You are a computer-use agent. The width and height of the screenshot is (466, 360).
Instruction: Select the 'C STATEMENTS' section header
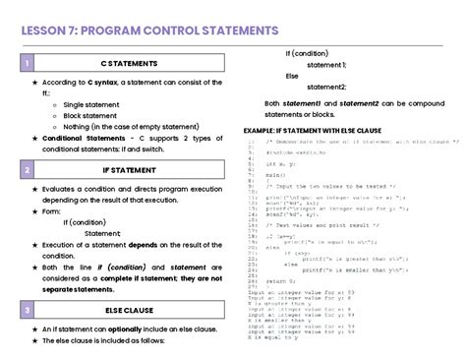pyautogui.click(x=136, y=64)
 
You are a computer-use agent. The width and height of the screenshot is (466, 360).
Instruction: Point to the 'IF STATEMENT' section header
pyautogui.click(x=136, y=170)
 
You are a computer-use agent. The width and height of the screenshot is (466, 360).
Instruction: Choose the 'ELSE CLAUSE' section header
pyautogui.click(x=136, y=310)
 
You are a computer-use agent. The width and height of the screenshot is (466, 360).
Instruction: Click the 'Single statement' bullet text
pyautogui.click(x=90, y=104)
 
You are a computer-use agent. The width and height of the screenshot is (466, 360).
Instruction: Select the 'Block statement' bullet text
pyautogui.click(x=89, y=115)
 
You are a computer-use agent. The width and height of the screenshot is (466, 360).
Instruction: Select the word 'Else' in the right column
pyautogui.click(x=292, y=75)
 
